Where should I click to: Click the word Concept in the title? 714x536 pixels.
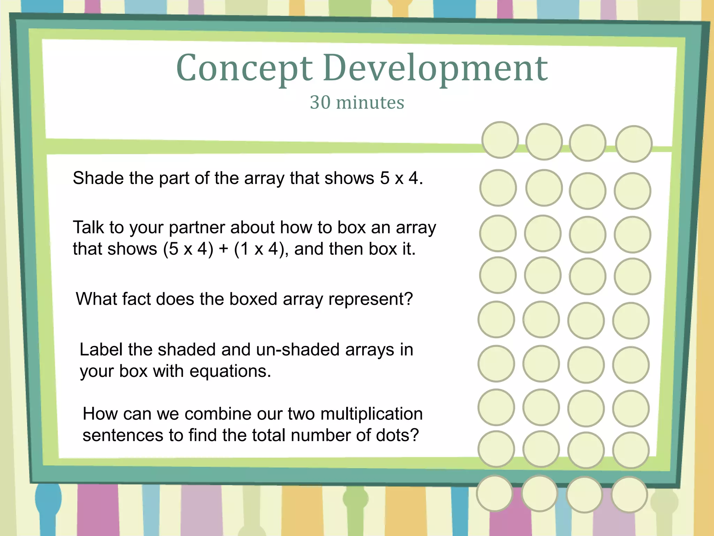pyautogui.click(x=244, y=68)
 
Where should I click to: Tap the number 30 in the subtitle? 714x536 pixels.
pyautogui.click(x=320, y=103)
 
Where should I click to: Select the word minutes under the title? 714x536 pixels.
pyautogui.click(x=370, y=103)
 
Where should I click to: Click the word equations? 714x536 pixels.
pyautogui.click(x=230, y=371)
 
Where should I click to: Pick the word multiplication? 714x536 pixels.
pyautogui.click(x=371, y=414)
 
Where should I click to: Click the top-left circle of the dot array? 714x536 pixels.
pyautogui.click(x=500, y=140)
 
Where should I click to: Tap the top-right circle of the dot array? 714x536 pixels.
pyautogui.click(x=633, y=144)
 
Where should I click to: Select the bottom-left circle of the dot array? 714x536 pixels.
pyautogui.click(x=494, y=493)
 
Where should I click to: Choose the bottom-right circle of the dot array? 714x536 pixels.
pyautogui.click(x=629, y=495)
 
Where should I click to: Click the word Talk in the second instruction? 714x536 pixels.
pyautogui.click(x=88, y=228)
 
